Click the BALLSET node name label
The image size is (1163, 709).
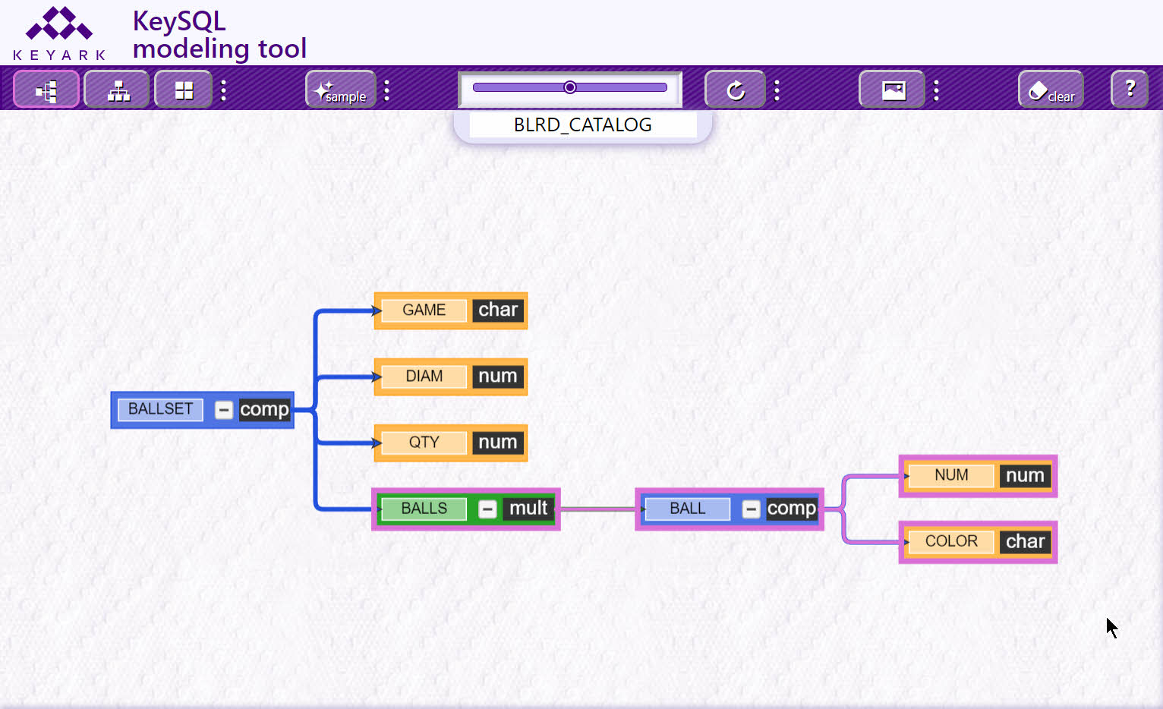[160, 409]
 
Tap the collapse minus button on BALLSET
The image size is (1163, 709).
[224, 410]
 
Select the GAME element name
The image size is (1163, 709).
[424, 310]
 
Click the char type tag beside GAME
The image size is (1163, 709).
[498, 310]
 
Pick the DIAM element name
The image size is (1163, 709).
[424, 377]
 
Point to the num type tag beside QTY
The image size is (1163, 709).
[498, 443]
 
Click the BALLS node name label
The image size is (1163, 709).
[424, 509]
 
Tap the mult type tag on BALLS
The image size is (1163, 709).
[528, 509]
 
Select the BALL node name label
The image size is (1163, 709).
[688, 509]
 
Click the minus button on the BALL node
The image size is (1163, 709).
[751, 509]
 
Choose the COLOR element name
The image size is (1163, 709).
[951, 542]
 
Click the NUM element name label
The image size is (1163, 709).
[951, 475]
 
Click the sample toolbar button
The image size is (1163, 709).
[341, 90]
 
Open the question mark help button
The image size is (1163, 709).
[1130, 90]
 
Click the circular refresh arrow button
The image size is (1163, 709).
[735, 90]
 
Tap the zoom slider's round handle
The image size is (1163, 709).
[569, 87]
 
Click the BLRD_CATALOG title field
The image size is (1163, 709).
[582, 125]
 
